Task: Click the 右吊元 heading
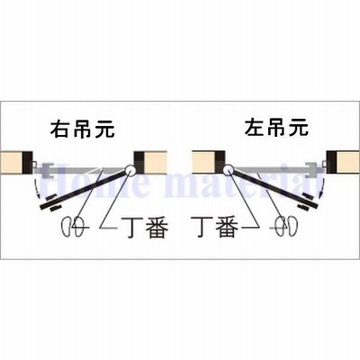coord(82,129)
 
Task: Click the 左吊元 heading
coord(276,128)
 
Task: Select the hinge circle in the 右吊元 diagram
coord(130,169)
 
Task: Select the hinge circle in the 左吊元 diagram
coord(228,169)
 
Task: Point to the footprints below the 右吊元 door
coord(72,227)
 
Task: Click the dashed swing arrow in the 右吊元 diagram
coord(37,186)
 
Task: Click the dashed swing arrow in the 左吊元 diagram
coord(322,186)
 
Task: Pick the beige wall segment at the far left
coord(12,162)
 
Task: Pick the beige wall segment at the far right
coord(348,162)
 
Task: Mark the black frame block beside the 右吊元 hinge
coord(139,162)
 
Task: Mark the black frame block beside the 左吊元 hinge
coord(220,162)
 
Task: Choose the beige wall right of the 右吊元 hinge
coord(156,162)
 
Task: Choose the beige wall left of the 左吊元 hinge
coord(203,162)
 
